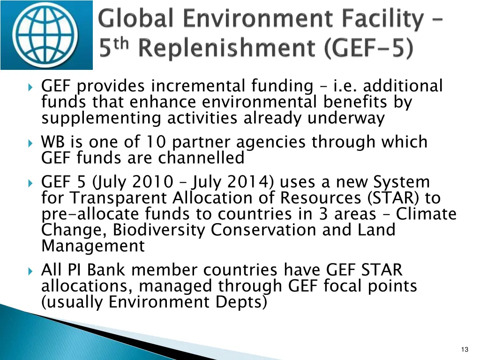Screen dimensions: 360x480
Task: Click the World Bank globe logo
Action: click(x=46, y=34)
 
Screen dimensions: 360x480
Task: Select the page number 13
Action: click(x=465, y=350)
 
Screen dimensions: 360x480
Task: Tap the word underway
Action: click(x=346, y=118)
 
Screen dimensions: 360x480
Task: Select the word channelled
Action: click(x=201, y=158)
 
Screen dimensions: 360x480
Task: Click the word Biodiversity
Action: click(x=159, y=230)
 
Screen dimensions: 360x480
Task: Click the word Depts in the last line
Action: click(x=241, y=302)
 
